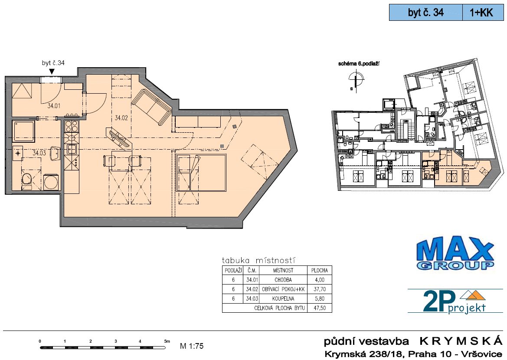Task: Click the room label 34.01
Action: (x=54, y=106)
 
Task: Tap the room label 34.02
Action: (x=121, y=118)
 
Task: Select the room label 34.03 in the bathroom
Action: (x=39, y=153)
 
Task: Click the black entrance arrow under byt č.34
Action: (x=52, y=72)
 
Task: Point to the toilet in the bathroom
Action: (x=27, y=180)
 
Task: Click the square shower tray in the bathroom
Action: (x=23, y=132)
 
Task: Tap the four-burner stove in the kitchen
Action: (x=72, y=126)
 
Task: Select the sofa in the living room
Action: (x=151, y=107)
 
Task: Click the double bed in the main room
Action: (x=201, y=173)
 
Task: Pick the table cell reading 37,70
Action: (x=320, y=289)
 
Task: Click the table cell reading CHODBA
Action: (x=283, y=280)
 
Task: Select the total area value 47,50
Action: (x=320, y=308)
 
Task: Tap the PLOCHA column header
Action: (x=320, y=270)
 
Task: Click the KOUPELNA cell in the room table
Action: (x=283, y=298)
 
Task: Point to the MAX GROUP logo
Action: (x=455, y=253)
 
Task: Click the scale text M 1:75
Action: (x=192, y=346)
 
